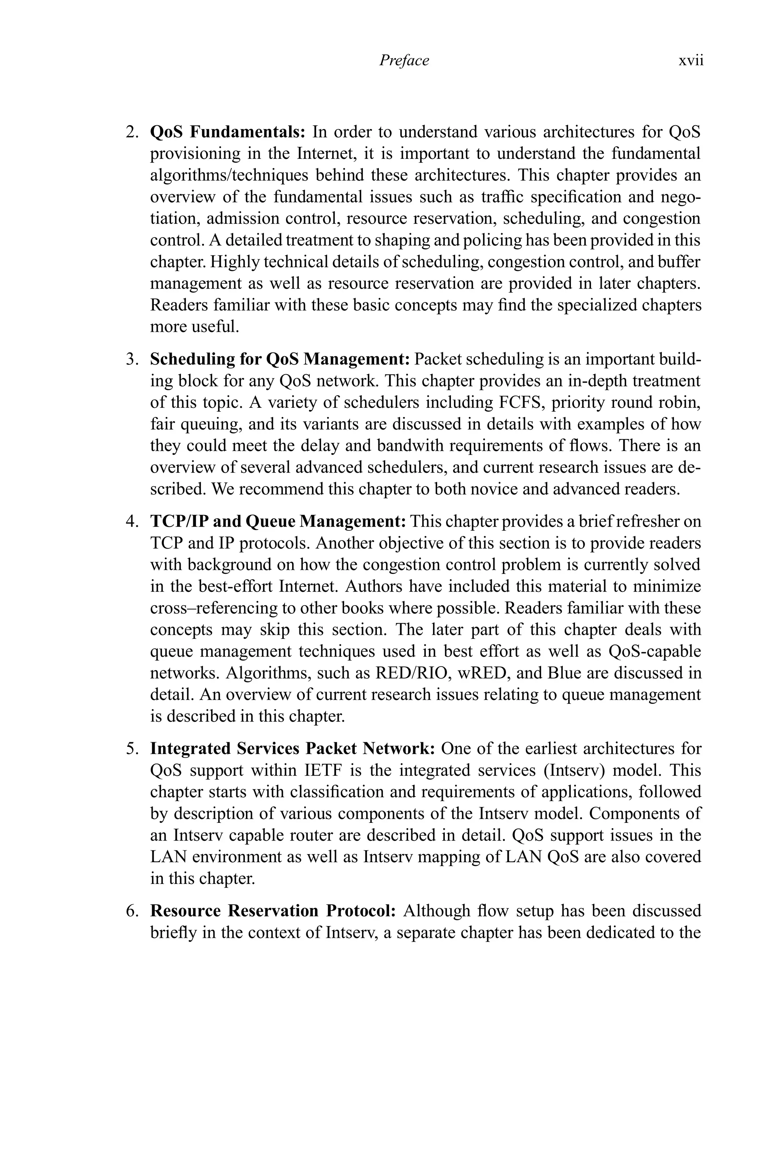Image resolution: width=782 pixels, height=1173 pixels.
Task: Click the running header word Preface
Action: pos(404,60)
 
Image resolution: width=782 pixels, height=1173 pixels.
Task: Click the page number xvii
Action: pos(691,60)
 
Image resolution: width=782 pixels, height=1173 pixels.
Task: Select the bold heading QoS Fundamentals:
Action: pos(228,132)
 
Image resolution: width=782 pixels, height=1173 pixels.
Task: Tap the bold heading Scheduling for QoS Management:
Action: pos(280,359)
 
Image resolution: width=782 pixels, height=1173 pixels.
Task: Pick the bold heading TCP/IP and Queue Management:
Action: pos(278,522)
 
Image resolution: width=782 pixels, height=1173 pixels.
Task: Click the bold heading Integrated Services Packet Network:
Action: pos(293,748)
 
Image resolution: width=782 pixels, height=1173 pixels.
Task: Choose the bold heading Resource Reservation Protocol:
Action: pos(273,911)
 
